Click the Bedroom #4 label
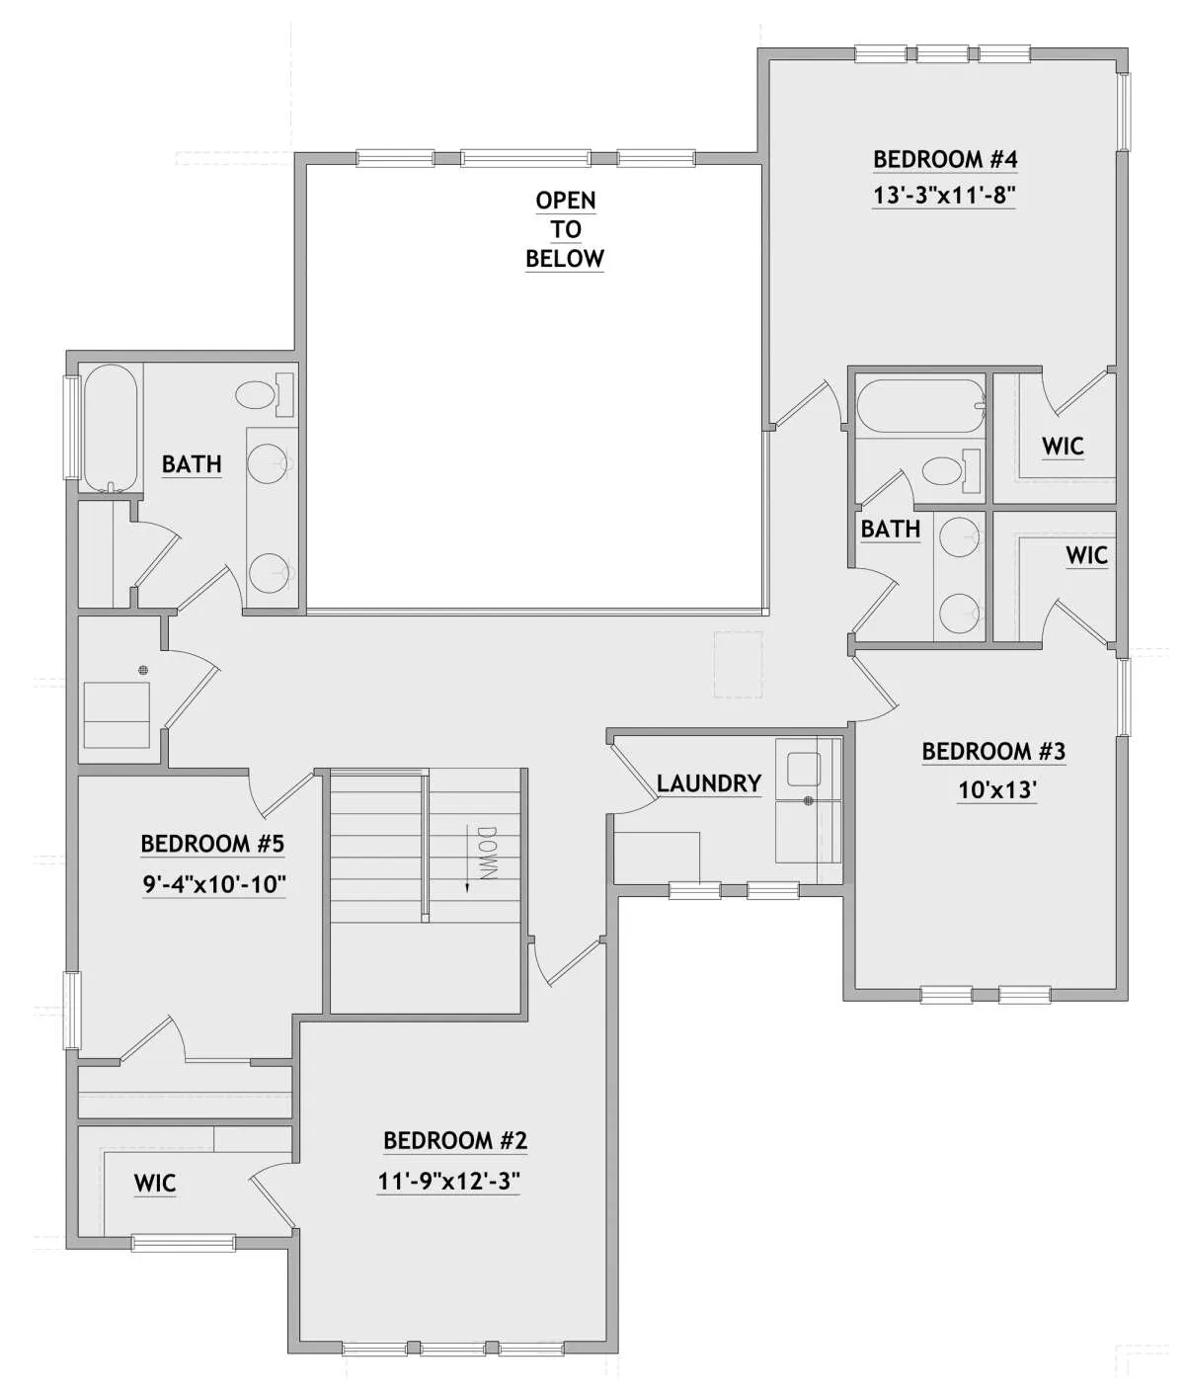pyautogui.click(x=944, y=159)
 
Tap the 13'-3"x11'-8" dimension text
pyautogui.click(x=944, y=196)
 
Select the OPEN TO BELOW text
pyautogui.click(x=565, y=229)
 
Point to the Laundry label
pyautogui.click(x=709, y=783)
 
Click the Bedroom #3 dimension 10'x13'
pyautogui.click(x=997, y=789)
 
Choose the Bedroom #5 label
pyautogui.click(x=212, y=844)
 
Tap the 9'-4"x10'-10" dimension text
pyautogui.click(x=214, y=884)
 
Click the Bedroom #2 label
pyautogui.click(x=454, y=1141)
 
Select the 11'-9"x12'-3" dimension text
pyautogui.click(x=448, y=1182)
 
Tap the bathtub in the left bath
pyautogui.click(x=111, y=429)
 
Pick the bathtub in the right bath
pyautogui.click(x=920, y=405)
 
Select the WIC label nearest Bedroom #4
pyautogui.click(x=1063, y=447)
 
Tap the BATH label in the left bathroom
pyautogui.click(x=192, y=464)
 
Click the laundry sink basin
pyautogui.click(x=803, y=769)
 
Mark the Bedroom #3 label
pyautogui.click(x=993, y=752)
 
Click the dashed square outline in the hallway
pyautogui.click(x=738, y=664)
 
